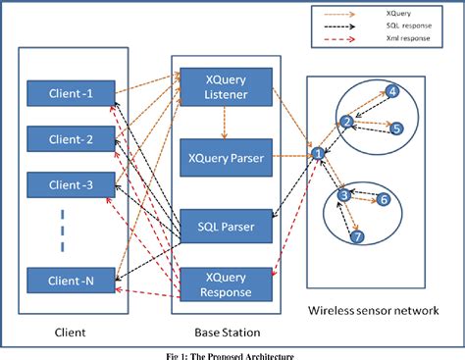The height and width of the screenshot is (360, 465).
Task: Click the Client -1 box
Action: pos(71,94)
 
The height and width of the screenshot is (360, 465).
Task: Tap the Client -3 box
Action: pos(71,183)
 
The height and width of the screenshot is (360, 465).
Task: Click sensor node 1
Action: pos(317,153)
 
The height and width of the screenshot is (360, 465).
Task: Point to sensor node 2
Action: pos(346,122)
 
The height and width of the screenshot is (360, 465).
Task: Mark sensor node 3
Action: pos(344,195)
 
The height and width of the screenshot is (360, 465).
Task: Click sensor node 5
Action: pos(396,129)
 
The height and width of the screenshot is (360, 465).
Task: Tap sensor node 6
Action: pos(384,199)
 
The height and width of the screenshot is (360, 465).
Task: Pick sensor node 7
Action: pos(358,237)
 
